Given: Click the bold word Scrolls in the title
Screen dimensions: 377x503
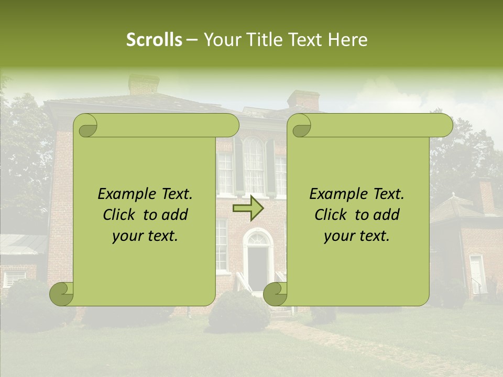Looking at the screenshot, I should (154, 40).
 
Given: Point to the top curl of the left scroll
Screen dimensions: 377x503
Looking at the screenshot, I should (86, 126).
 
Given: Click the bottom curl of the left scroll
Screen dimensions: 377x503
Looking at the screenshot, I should (62, 294).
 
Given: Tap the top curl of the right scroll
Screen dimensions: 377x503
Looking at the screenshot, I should (301, 126).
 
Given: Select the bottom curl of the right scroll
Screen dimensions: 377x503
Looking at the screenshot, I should (275, 294).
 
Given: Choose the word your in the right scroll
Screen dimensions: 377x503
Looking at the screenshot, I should (340, 236).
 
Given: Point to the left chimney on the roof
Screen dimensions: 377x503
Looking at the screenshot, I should (144, 84).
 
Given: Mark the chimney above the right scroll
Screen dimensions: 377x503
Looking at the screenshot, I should (303, 100).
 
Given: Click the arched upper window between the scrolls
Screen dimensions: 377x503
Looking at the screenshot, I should (254, 165).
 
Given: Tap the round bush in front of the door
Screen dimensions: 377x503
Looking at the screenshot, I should (239, 312).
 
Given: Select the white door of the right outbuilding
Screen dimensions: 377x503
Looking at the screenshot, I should (476, 273).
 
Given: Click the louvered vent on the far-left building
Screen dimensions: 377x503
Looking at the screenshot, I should (14, 276).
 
